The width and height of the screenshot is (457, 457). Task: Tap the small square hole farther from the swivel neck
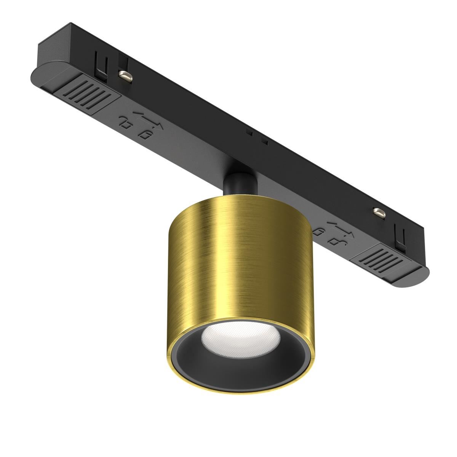(249, 133)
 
